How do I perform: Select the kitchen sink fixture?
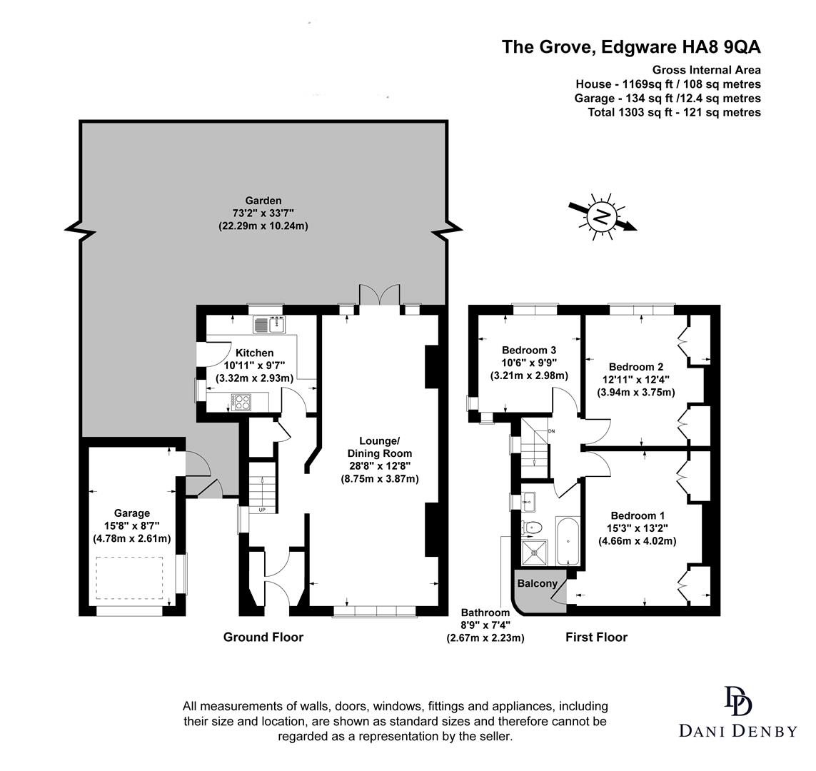[x=269, y=325]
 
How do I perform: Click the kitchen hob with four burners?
[x=241, y=402]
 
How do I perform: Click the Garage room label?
[x=132, y=513]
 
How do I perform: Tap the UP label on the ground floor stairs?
[x=262, y=510]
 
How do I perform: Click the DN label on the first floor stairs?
[x=550, y=432]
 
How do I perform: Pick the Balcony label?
[x=537, y=583]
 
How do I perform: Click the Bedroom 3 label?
[x=529, y=350]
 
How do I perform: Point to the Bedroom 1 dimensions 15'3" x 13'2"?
[x=637, y=528]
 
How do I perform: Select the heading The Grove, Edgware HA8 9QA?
[x=631, y=47]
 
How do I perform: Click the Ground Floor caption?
[x=263, y=637]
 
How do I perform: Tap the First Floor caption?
[x=596, y=637]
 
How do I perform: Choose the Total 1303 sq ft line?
[x=674, y=112]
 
